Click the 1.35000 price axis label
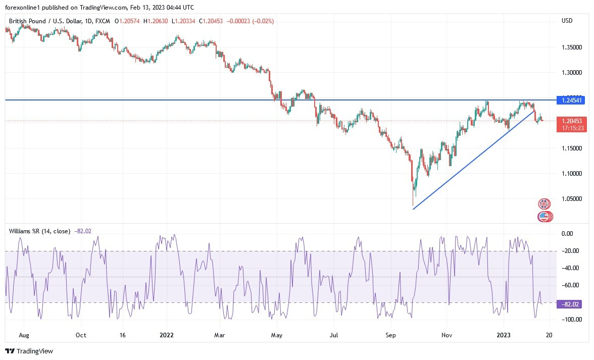571,47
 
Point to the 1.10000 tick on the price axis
571,174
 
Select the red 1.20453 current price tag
571,121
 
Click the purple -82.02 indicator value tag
568,304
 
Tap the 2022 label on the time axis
166,335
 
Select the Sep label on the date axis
390,335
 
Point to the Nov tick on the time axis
447,335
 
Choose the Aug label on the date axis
23,335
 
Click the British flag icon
544,204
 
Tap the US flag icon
544,217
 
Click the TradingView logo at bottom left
29,351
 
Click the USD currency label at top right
567,20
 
